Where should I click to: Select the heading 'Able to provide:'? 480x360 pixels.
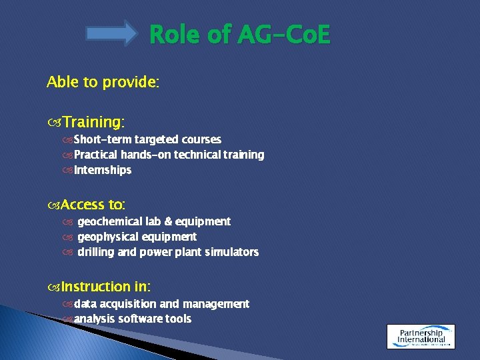[x=103, y=82]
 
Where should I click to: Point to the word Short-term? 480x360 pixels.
[x=103, y=139]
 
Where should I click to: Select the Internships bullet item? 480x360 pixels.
[x=103, y=170]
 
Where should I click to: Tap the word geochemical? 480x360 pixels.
[x=110, y=221]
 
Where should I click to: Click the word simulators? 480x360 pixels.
[x=232, y=252]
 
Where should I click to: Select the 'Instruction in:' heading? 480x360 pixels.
[x=105, y=287]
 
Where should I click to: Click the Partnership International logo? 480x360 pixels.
[x=421, y=336]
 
